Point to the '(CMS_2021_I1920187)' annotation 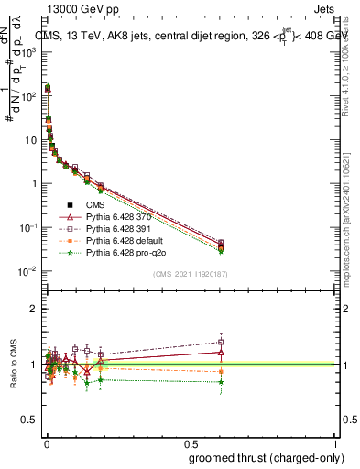click(x=190, y=273)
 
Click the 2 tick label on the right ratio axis click(x=344, y=309)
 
